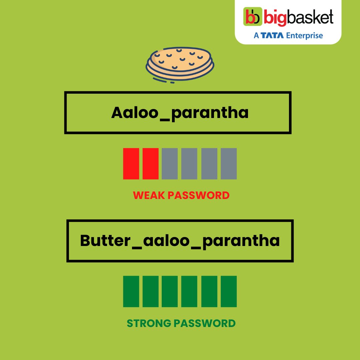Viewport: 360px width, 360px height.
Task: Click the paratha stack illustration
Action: (180, 63)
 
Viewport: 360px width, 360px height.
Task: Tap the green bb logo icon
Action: (254, 18)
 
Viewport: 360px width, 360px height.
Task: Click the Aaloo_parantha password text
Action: (180, 113)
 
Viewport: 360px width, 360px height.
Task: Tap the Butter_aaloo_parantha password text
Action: (180, 241)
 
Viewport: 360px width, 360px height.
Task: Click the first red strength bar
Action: (131, 163)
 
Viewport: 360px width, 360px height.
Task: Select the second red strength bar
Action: (150, 163)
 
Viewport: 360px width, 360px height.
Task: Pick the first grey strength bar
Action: (170, 163)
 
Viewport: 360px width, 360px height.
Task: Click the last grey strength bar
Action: (229, 163)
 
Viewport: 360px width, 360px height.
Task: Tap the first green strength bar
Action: (131, 291)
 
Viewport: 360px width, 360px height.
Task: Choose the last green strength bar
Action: (229, 291)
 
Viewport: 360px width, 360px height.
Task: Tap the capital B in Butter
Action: (86, 241)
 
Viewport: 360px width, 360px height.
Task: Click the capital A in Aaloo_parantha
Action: (118, 113)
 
